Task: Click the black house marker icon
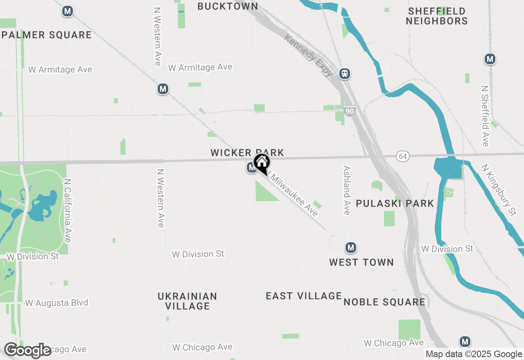point(262,164)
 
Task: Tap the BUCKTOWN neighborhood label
point(228,6)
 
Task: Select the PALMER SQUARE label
point(47,35)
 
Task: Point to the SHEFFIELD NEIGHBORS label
point(437,16)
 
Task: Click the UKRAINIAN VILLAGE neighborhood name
point(187,301)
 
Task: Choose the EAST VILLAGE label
point(304,296)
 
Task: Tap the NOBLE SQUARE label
point(384,302)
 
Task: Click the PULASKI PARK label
point(395,203)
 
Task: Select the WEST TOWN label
point(361,262)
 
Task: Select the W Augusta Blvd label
point(56,303)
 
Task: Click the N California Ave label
point(68,211)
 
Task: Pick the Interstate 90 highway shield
point(349,111)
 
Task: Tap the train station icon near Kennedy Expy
point(345,74)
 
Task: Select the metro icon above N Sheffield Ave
point(490,59)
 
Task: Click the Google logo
point(27,351)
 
